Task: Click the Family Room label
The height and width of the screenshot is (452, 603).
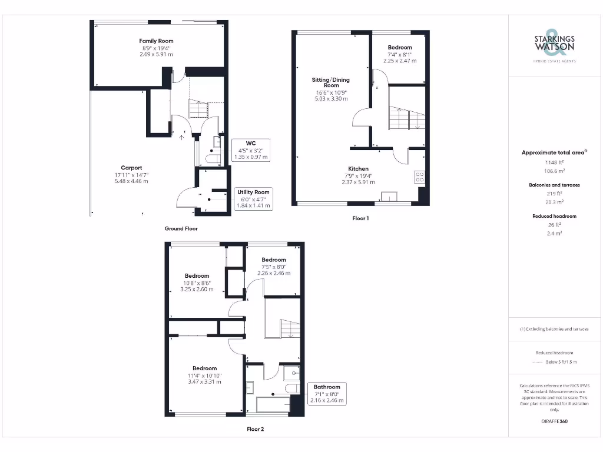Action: (x=156, y=41)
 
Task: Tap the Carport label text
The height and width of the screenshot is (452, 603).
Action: (x=131, y=168)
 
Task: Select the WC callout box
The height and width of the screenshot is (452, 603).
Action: (x=251, y=150)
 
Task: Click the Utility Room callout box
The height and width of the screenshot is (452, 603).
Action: (x=253, y=199)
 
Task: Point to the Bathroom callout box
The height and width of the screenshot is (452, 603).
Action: (x=326, y=393)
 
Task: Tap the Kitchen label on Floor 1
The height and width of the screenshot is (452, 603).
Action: (x=358, y=169)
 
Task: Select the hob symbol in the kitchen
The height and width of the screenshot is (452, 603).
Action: (x=419, y=177)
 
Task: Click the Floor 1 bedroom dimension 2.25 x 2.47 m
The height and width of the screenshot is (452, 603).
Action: (x=400, y=61)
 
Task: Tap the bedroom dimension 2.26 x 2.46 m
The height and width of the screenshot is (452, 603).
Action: (x=274, y=273)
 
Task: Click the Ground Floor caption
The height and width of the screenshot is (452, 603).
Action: (x=181, y=228)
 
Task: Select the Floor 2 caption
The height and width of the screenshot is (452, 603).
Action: (x=255, y=429)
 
